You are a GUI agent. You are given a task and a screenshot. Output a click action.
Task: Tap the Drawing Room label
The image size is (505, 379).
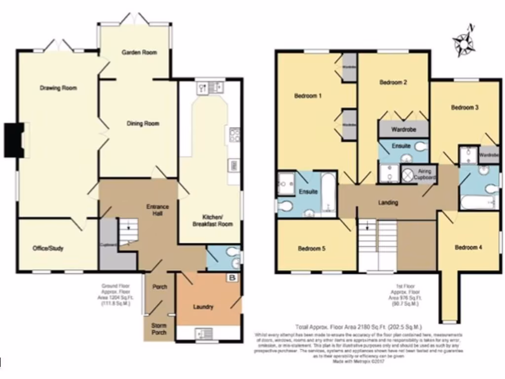point(58,88)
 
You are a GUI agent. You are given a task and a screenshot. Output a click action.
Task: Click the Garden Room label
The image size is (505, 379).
point(140,52)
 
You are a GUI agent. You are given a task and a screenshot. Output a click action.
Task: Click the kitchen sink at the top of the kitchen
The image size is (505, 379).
point(210,88)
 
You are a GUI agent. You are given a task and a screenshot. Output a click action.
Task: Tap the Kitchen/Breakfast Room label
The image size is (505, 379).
point(212,221)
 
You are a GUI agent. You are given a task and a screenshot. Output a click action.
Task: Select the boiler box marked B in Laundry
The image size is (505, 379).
point(232,278)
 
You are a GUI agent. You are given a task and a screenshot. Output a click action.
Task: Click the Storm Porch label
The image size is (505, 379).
point(159,329)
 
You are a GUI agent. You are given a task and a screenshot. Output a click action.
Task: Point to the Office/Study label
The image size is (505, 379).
point(48,248)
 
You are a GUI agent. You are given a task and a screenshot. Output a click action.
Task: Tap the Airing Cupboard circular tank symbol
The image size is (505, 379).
point(409,174)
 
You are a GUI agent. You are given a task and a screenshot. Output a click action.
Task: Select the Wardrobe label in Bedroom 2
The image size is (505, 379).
point(403,130)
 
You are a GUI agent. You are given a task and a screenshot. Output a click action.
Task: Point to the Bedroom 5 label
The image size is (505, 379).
point(311,249)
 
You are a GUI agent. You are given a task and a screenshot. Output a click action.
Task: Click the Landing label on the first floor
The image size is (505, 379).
point(388,202)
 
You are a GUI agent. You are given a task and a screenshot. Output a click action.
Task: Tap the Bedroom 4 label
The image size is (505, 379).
point(468,247)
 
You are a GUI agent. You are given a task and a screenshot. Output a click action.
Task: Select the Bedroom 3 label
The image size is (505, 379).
point(465,107)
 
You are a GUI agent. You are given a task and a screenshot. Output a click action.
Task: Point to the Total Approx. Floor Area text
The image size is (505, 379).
point(358,327)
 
